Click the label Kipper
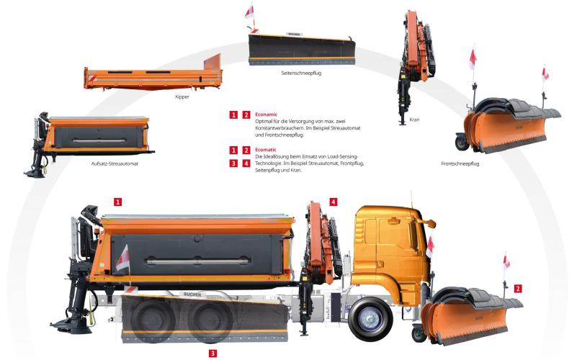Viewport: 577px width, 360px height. (182, 96)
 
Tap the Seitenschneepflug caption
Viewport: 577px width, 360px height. (301, 73)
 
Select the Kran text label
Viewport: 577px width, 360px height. (414, 120)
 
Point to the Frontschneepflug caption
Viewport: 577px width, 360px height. (460, 163)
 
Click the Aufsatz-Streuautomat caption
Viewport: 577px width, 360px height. (115, 163)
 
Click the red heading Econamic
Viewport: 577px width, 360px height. (266, 114)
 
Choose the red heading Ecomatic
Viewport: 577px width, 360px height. (266, 150)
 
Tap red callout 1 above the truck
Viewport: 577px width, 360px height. (117, 202)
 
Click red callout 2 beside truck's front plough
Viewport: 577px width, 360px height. (518, 289)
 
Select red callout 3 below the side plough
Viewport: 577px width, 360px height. (213, 354)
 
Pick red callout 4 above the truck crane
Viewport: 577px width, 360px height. (333, 202)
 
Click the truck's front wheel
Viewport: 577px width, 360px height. (370, 319)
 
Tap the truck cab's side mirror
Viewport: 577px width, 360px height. (428, 222)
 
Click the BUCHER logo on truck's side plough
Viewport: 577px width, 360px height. (192, 294)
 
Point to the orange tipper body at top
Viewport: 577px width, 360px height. (153, 74)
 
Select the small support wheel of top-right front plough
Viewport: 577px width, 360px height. (462, 143)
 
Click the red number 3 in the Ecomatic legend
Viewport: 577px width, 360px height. (233, 163)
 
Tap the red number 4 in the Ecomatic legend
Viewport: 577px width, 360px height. (246, 163)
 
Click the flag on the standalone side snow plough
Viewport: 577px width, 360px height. (249, 12)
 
